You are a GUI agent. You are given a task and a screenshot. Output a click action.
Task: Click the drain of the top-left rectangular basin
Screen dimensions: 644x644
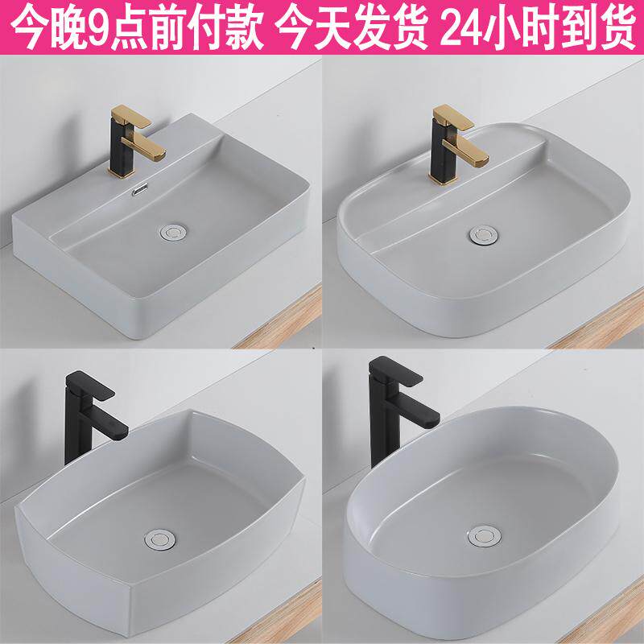tap(173, 233)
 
